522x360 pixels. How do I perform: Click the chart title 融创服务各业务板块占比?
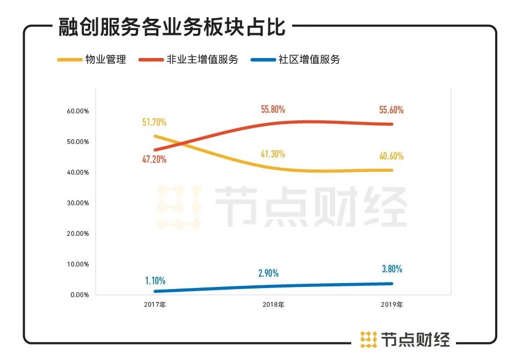172,27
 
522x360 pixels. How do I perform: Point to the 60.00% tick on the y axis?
77,111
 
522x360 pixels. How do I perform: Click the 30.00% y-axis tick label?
77,203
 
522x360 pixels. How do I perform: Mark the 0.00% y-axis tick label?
79,295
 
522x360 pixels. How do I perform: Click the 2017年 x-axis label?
155,305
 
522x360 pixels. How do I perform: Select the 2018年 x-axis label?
273,305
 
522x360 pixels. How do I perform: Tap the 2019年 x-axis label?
392,305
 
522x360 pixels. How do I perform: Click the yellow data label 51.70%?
155,123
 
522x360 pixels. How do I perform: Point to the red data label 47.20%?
154,159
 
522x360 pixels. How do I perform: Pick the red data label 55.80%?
273,109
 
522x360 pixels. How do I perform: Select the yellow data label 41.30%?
273,154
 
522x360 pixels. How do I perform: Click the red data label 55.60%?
392,110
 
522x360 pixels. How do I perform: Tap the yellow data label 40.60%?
392,156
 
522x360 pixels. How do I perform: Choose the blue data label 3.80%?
392,269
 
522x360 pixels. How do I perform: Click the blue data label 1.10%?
155,280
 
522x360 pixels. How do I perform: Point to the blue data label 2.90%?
268,273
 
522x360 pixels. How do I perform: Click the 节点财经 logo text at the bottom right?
415,339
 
